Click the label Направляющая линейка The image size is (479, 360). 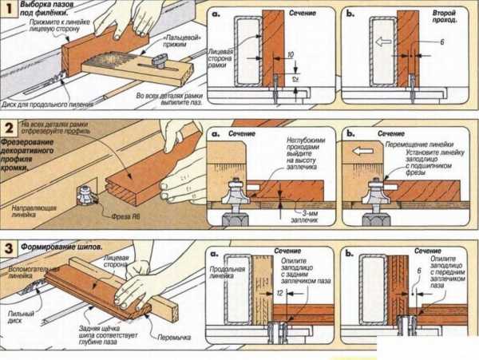point(31,210)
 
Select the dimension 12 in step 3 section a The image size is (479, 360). point(279,295)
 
